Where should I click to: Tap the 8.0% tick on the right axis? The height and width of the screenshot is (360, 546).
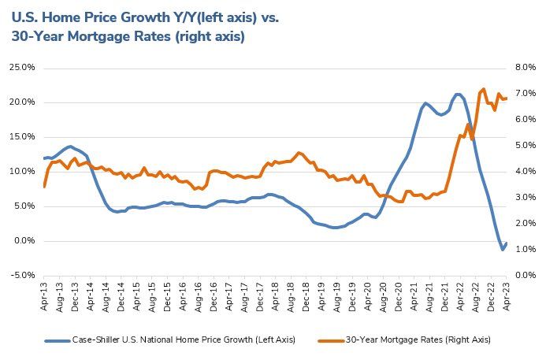526,67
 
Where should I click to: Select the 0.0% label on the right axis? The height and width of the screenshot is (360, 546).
526,275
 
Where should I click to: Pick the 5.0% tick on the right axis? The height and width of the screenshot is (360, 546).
526,145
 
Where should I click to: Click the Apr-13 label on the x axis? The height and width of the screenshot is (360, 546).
45,296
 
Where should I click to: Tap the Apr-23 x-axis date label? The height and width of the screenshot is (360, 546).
507,296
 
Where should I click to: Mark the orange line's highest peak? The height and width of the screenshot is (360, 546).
483,89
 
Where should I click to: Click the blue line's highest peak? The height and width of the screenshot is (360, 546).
458,94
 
